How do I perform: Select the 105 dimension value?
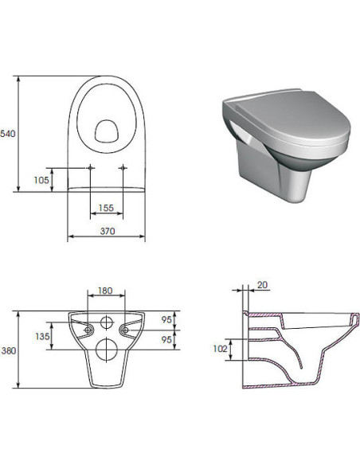[42, 180]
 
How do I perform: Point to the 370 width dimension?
[106, 231]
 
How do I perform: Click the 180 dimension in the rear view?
[105, 291]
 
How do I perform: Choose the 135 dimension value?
[42, 337]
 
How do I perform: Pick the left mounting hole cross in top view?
[90, 167]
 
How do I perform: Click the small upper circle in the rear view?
[106, 323]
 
